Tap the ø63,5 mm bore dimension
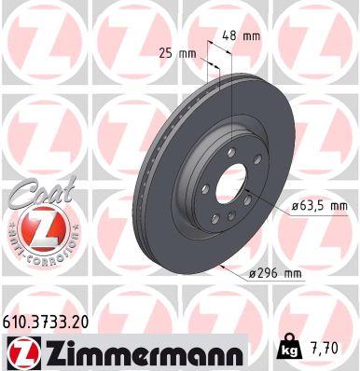click(x=320, y=205)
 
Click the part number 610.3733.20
click(x=50, y=320)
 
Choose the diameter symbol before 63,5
click(x=295, y=205)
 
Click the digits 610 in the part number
click(x=18, y=320)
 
